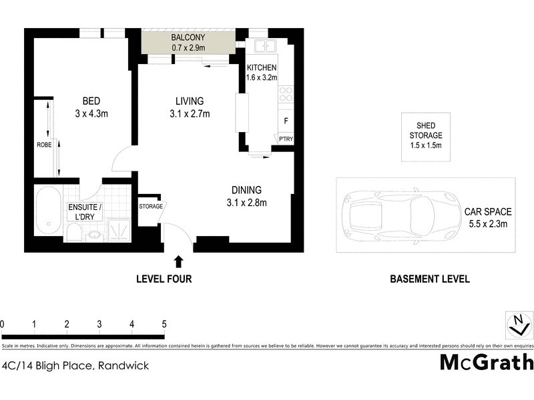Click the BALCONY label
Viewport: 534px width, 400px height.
click(x=188, y=37)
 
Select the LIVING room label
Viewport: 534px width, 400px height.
click(x=189, y=101)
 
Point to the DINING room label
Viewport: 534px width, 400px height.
click(x=246, y=190)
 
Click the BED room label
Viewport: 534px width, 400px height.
click(x=91, y=101)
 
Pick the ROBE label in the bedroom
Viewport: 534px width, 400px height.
click(x=44, y=144)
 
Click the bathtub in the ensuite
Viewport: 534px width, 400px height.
click(x=47, y=211)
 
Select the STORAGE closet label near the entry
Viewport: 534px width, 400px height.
click(x=150, y=207)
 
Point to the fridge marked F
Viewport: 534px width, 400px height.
click(x=286, y=121)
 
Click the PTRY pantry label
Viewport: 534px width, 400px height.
click(x=286, y=139)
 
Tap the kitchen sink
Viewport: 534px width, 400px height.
click(x=265, y=46)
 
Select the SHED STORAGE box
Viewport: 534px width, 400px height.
click(x=425, y=136)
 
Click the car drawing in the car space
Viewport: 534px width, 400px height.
click(x=398, y=215)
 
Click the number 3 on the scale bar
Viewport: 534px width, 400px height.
click(x=99, y=324)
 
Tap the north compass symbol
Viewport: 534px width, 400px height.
click(x=519, y=325)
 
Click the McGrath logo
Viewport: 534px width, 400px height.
click(x=487, y=363)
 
